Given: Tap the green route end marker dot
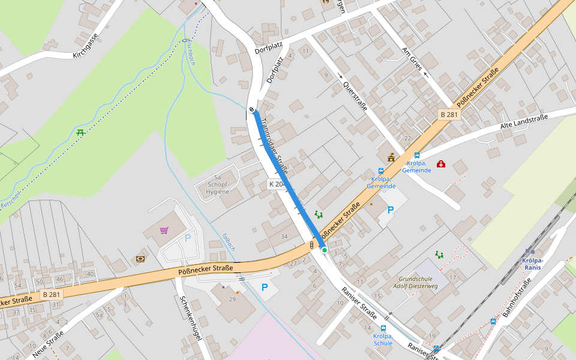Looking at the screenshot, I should point(325,250).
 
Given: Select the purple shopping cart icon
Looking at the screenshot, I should point(164,230).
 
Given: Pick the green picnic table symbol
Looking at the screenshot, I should point(80,131).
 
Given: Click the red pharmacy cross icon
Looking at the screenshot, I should point(441,164).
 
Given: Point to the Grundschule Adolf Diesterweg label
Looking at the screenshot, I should point(424,282).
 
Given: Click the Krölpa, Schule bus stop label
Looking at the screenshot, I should point(383,340).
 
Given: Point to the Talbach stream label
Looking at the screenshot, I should point(229,241).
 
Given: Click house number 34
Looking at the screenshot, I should point(284,236).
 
